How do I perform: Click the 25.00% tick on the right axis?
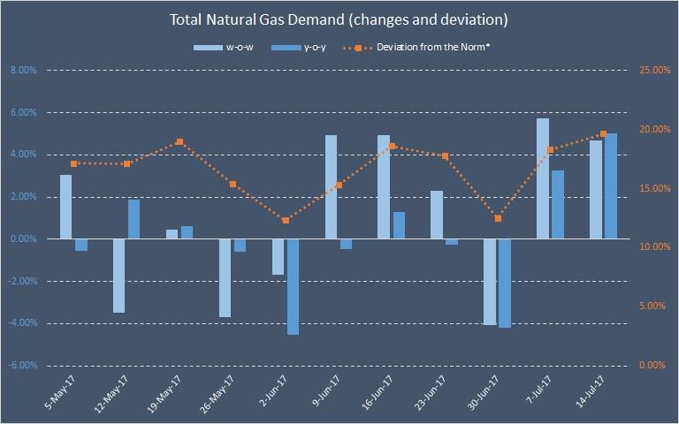click(655, 71)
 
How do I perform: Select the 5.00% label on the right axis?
click(655, 307)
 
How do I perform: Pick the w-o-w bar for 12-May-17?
click(118, 276)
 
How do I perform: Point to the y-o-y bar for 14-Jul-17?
click(611, 185)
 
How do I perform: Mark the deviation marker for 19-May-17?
click(179, 142)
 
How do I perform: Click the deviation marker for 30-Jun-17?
click(498, 218)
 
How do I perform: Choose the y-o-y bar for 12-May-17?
click(134, 219)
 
